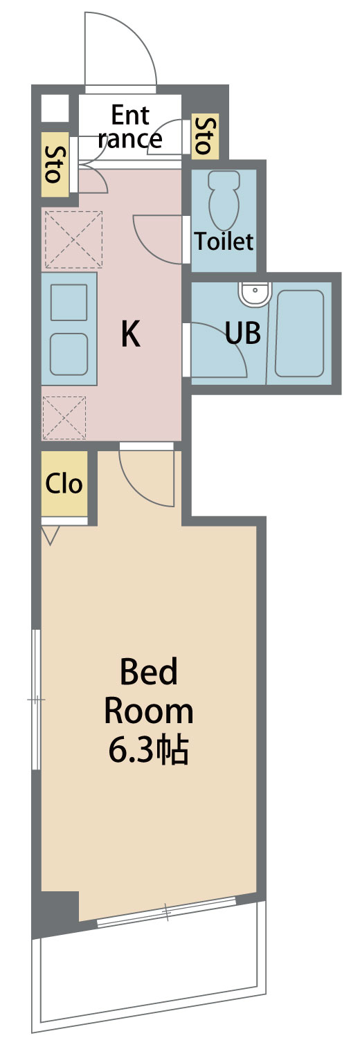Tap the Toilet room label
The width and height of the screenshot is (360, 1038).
pyautogui.click(x=224, y=242)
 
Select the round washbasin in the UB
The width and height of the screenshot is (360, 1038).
pyautogui.click(x=253, y=294)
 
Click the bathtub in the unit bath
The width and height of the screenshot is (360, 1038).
pyautogui.click(x=299, y=334)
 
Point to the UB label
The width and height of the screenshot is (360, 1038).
pyautogui.click(x=243, y=332)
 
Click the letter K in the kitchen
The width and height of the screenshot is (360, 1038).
pyautogui.click(x=131, y=334)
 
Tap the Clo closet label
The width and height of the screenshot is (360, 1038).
pyautogui.click(x=64, y=483)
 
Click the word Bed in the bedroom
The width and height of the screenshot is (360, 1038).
pyautogui.click(x=149, y=672)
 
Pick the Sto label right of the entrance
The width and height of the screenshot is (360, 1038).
pyautogui.click(x=205, y=136)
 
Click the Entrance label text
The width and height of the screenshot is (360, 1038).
pyautogui.click(x=130, y=127)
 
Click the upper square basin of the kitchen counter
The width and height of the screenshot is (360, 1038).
pyautogui.click(x=69, y=302)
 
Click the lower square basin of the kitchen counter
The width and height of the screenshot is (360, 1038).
pyautogui.click(x=69, y=354)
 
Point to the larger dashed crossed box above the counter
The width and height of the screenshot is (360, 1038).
pyautogui.click(x=73, y=239)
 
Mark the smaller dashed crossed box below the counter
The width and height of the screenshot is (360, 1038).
pyautogui.click(x=64, y=417)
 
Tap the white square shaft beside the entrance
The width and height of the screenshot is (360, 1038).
pyautogui.click(x=55, y=108)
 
